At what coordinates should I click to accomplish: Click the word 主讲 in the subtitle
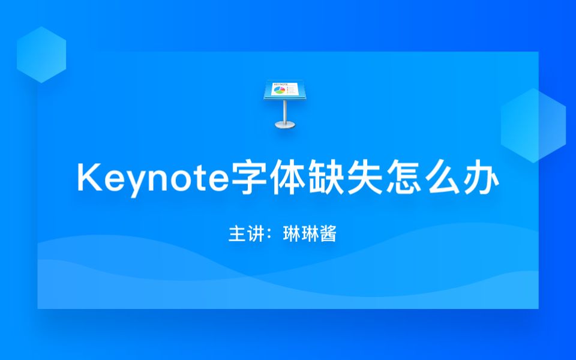242,234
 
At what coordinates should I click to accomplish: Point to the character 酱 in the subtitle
327,234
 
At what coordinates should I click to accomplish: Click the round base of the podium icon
284,125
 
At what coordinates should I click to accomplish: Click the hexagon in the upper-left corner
41,55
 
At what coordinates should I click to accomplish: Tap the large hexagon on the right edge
533,125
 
